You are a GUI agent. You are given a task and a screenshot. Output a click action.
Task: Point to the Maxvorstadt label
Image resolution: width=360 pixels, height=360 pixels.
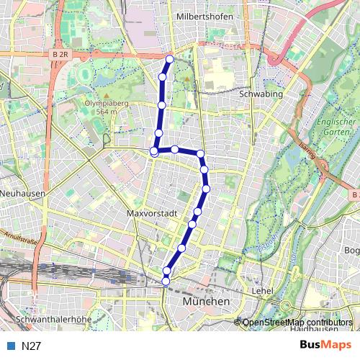coord(152,214)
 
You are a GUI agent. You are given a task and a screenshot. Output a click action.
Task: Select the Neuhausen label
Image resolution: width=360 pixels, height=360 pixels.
coord(24,194)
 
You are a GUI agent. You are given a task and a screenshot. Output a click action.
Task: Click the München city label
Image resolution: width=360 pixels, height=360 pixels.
coord(206,300)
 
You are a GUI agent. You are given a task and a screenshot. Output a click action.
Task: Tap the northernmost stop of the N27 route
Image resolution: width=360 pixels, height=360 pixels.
coord(170,59)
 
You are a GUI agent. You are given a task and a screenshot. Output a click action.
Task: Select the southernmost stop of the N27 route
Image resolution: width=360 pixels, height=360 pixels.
coord(166,280)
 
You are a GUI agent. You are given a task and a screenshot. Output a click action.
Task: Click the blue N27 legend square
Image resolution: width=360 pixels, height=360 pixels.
coord(11,346)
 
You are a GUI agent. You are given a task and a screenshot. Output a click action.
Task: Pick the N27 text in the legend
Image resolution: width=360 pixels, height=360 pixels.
coord(31,346)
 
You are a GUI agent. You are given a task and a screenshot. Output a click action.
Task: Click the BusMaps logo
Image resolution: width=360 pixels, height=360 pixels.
coord(326,345)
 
